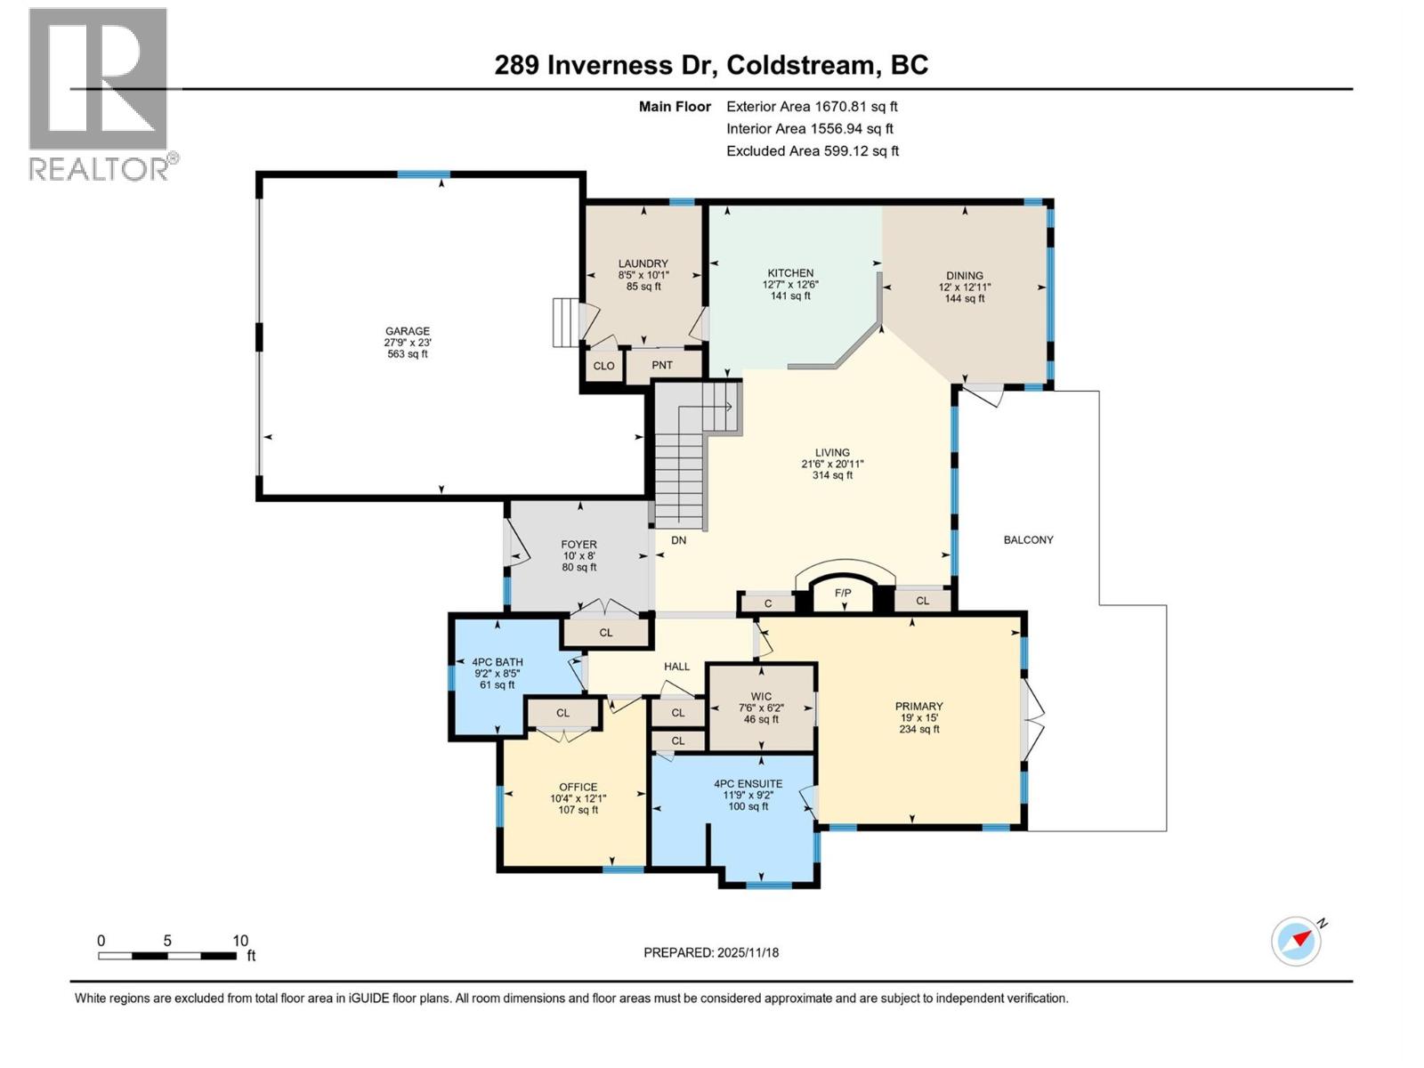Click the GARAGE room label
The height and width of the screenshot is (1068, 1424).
(407, 331)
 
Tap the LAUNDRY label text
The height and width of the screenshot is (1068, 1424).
(643, 263)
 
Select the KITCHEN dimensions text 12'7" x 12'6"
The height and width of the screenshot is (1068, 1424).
(790, 285)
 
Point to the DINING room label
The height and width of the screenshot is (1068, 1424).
(965, 276)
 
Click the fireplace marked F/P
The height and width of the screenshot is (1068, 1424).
(843, 593)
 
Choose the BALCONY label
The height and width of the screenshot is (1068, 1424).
(1028, 539)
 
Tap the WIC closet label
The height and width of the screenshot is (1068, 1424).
(761, 697)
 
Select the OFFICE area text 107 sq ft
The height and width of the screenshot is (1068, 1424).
(578, 810)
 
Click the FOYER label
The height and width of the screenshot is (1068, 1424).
(578, 545)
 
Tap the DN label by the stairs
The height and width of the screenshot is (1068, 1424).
(678, 540)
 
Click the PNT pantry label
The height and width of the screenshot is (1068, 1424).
(662, 366)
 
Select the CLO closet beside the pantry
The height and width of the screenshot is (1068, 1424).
(603, 366)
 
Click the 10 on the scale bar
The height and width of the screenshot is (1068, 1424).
(240, 941)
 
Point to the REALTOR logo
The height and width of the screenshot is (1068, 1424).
(99, 93)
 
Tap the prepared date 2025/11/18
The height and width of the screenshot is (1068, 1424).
(747, 952)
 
